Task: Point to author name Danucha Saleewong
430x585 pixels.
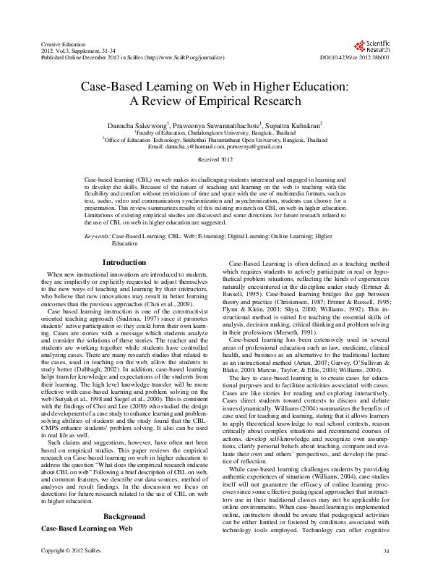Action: [x=143, y=125]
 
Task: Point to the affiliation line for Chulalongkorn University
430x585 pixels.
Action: [x=214, y=133]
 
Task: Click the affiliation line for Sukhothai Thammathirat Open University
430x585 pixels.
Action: [x=214, y=140]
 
